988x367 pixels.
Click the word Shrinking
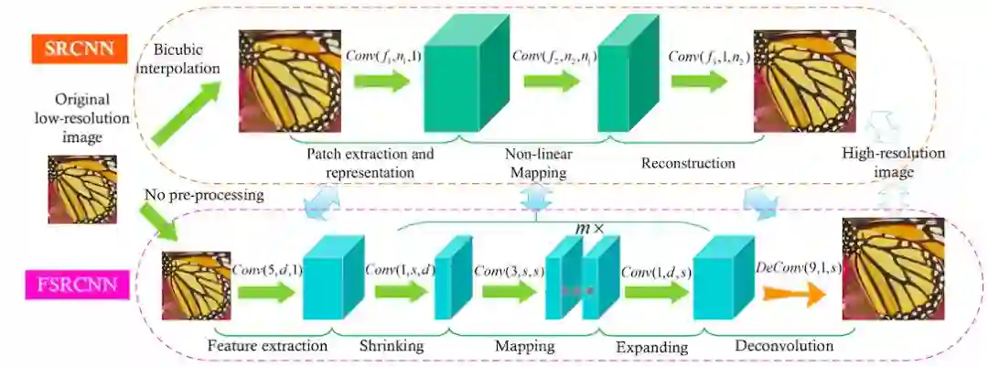click(391, 347)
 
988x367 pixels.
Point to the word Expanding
click(651, 348)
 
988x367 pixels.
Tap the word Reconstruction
click(688, 163)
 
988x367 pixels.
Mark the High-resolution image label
click(894, 162)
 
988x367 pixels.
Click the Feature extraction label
click(267, 347)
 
